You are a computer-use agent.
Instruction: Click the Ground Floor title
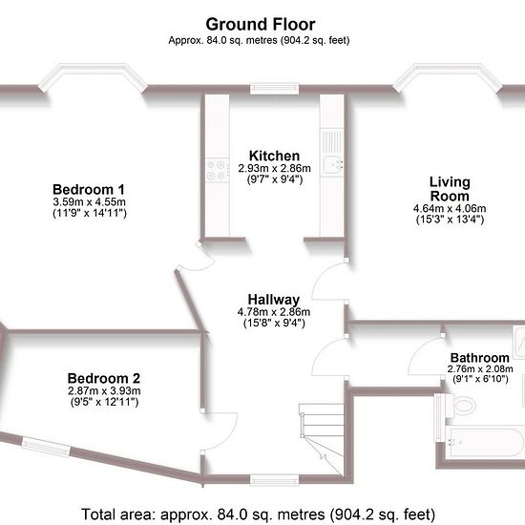(x=261, y=25)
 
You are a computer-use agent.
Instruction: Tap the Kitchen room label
(x=274, y=156)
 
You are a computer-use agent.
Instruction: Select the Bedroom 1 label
(x=89, y=190)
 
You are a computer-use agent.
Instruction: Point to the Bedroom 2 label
(x=104, y=378)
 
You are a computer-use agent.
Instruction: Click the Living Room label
(x=450, y=189)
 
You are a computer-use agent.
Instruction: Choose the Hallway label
(x=274, y=300)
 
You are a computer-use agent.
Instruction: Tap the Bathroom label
(x=480, y=358)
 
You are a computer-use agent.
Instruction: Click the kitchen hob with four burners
(x=217, y=170)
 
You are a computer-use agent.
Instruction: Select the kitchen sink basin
(x=332, y=164)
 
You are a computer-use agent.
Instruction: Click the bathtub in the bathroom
(x=485, y=442)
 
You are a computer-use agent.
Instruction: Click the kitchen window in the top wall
(x=274, y=89)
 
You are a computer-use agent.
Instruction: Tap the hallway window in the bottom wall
(x=274, y=479)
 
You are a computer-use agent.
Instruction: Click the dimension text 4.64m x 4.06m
(x=450, y=208)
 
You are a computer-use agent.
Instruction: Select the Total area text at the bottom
(x=258, y=514)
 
